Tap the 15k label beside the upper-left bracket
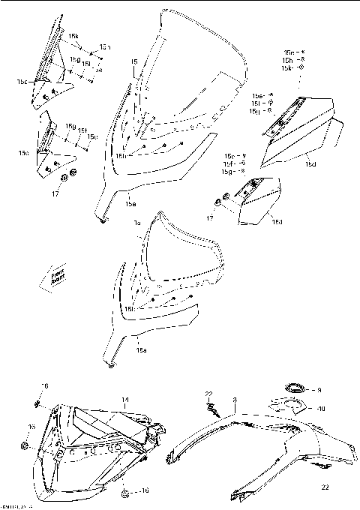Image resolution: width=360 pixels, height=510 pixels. pyautogui.click(x=73, y=36)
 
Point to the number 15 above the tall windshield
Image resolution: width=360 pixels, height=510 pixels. pyautogui.click(x=133, y=62)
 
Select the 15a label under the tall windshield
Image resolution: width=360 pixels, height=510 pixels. pyautogui.click(x=130, y=203)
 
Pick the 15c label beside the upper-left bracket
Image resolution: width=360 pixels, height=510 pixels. pyautogui.click(x=22, y=80)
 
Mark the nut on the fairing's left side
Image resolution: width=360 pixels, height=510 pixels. pyautogui.click(x=24, y=445)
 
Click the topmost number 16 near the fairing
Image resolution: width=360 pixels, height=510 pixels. pyautogui.click(x=44, y=385)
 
